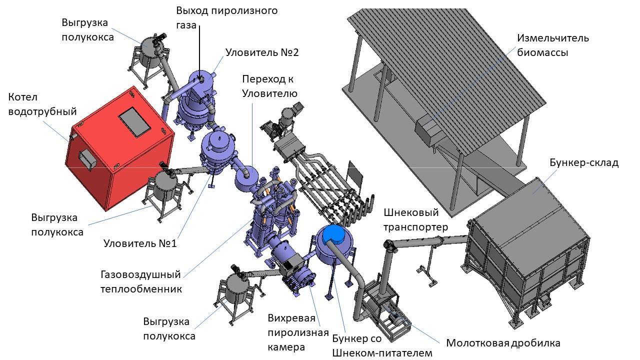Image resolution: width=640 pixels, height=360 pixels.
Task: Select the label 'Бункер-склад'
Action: [x=584, y=163]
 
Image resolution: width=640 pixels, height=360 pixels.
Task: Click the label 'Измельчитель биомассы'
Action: [x=553, y=45]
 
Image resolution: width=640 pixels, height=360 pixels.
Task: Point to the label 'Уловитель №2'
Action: [x=262, y=52]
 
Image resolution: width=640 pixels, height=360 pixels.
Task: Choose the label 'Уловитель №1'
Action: [x=140, y=243]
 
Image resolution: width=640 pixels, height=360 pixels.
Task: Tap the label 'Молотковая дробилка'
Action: [x=503, y=343]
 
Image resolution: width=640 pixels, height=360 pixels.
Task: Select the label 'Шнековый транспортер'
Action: [x=415, y=220]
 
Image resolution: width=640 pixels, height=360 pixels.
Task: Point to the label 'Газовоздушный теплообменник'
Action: [x=140, y=281]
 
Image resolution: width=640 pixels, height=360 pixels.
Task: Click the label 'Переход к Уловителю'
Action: [x=270, y=86]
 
